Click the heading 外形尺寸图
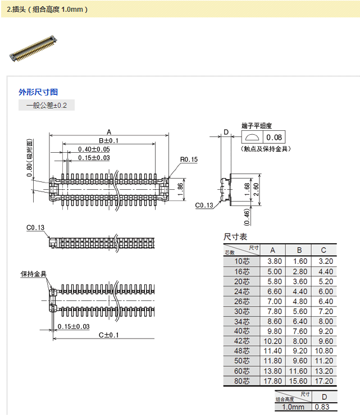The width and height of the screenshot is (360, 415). click(x=38, y=92)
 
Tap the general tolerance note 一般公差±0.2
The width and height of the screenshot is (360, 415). click(x=47, y=105)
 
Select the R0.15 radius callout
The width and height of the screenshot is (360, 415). click(x=189, y=159)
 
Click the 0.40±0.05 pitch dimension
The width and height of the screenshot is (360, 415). click(x=94, y=149)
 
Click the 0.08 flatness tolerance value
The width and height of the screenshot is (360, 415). click(x=275, y=138)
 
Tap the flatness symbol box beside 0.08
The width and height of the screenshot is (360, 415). click(x=252, y=138)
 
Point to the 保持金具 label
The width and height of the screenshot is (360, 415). click(x=33, y=274)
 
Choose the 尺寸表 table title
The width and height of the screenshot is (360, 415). click(x=235, y=237)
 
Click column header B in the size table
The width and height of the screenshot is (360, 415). click(x=299, y=250)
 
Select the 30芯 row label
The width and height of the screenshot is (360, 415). click(x=242, y=311)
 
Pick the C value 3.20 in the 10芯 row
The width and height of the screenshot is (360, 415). click(x=325, y=261)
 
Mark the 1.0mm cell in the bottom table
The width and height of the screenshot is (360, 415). click(x=293, y=407)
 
